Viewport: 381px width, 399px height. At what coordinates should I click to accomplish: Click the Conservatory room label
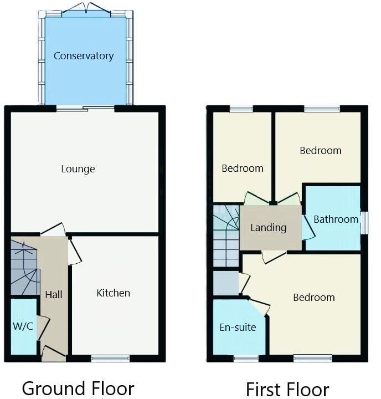84,56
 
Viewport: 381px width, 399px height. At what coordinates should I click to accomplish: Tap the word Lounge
78,169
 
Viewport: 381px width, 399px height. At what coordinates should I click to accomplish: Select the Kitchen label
114,293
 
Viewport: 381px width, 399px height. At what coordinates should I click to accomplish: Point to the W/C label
23,326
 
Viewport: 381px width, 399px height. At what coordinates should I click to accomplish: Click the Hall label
54,294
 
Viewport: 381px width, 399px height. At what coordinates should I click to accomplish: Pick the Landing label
269,227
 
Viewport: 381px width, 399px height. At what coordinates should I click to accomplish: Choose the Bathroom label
336,219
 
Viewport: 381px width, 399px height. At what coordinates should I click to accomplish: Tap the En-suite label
238,327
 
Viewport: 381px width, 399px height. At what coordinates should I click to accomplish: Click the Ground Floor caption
78,388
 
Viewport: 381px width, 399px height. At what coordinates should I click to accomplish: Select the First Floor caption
287,389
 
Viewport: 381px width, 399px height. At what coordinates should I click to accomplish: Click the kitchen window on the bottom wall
111,359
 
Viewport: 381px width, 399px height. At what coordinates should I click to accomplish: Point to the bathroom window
364,222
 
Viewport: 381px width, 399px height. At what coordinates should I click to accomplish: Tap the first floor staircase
226,236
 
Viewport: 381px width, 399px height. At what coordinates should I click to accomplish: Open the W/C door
42,327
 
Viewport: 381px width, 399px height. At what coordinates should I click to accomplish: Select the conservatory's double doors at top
86,9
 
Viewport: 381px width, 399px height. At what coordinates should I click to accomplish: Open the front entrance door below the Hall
53,353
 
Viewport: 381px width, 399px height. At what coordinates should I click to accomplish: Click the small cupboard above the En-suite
226,283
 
